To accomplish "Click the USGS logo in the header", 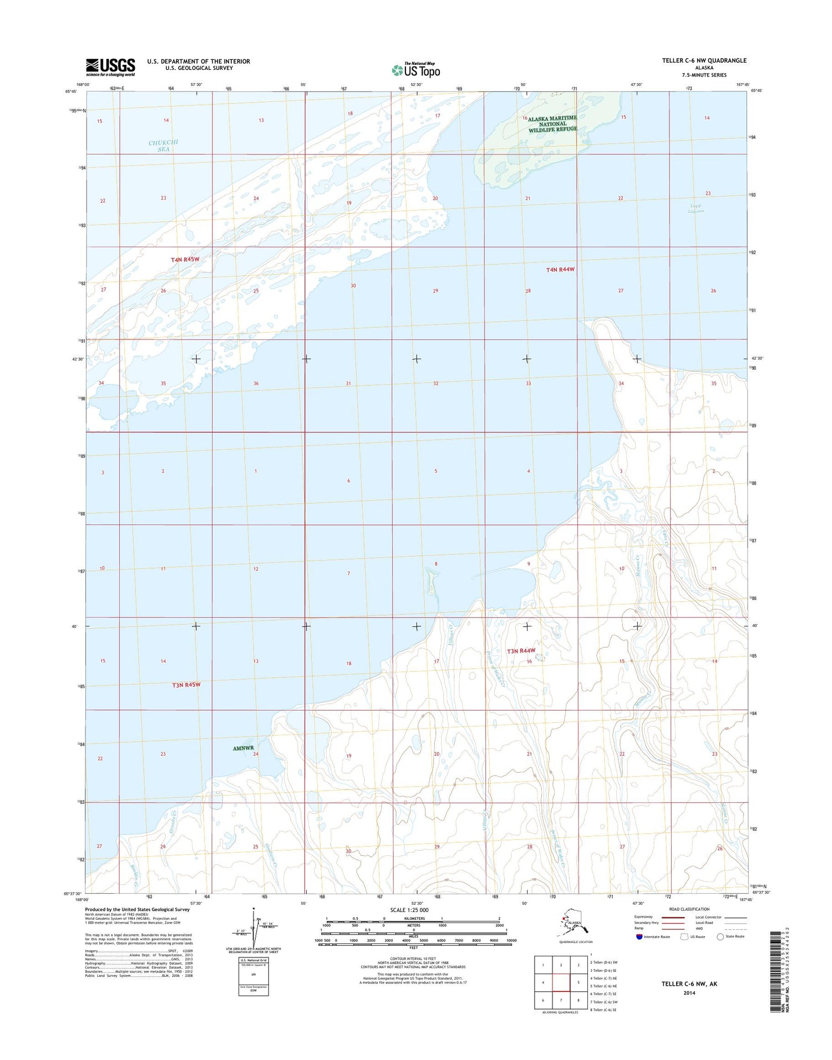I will pos(110,67).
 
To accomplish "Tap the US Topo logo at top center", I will pos(416,70).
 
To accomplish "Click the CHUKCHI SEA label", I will pos(164,146).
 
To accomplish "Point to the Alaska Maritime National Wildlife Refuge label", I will pos(552,124).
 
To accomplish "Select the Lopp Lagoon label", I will pos(696,208).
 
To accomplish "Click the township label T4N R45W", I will pos(185,259).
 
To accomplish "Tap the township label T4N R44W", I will pos(560,269).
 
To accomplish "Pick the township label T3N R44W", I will pos(521,650).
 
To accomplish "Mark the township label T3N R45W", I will pos(186,685).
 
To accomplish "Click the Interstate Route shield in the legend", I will pos(639,936).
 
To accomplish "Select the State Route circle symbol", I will pos(721,936).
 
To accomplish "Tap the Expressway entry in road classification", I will pos(643,916).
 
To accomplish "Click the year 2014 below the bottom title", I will pos(689,992).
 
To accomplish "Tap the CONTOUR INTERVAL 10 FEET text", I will pos(413,959).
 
